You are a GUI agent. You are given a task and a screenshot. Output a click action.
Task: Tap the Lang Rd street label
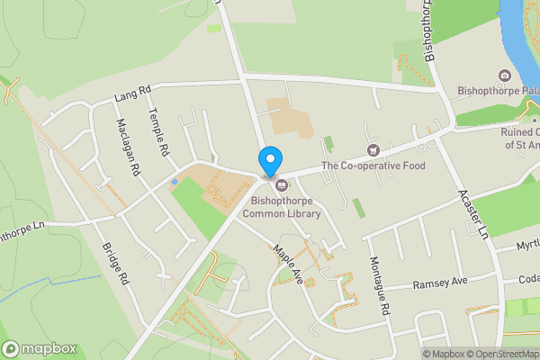point(131,93)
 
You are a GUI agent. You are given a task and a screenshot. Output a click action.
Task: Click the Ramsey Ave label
point(440,283)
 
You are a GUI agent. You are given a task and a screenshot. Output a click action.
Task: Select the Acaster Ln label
point(472,213)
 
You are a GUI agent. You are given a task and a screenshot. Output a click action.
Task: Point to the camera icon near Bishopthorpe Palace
point(504,76)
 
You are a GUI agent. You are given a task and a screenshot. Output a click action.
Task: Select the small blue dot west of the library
point(175,182)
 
